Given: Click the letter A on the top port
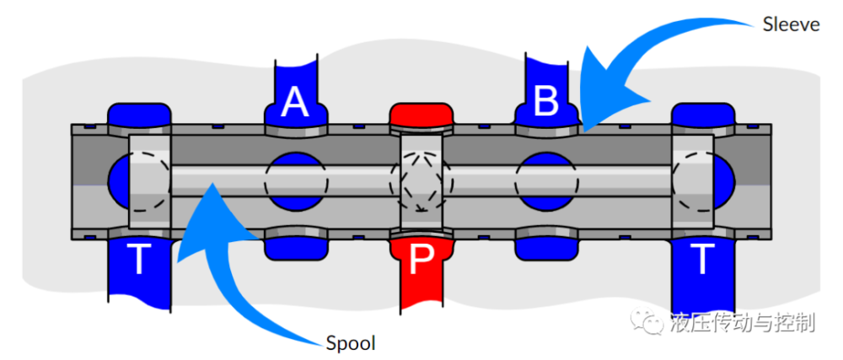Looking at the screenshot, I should (x=294, y=102).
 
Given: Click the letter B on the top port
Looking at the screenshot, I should (x=546, y=102).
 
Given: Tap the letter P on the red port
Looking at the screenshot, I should (x=420, y=263).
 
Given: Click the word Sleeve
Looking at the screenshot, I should (x=791, y=24).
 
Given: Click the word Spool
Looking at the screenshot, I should (x=350, y=343).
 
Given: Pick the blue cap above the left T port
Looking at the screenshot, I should (x=140, y=114).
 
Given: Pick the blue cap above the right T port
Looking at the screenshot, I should (x=701, y=114).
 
